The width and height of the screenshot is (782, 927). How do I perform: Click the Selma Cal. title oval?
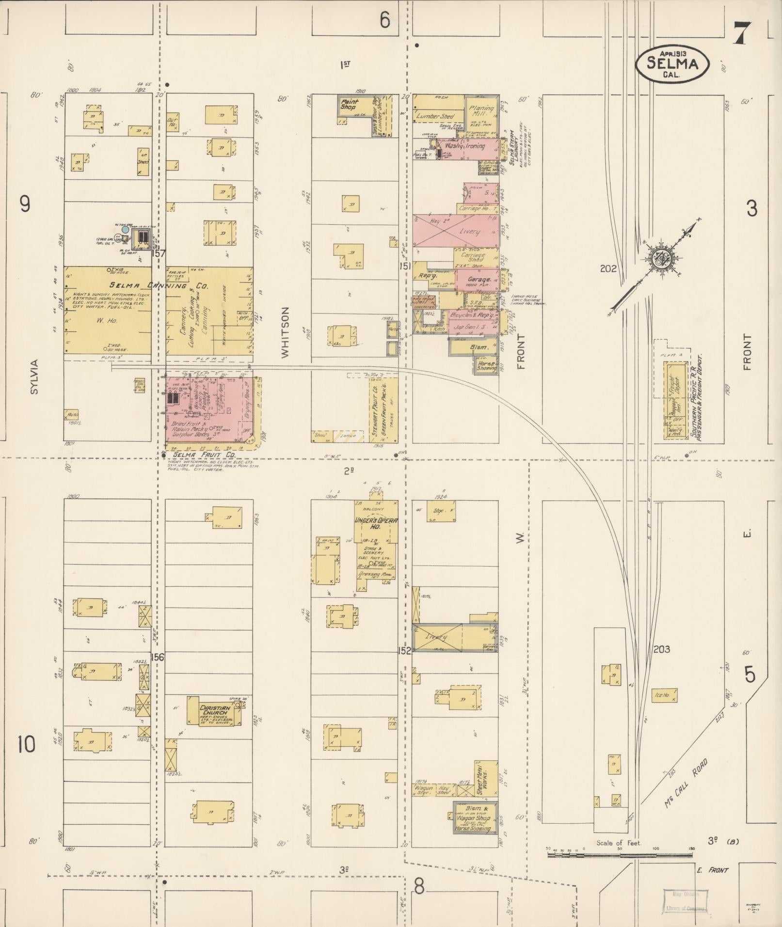tap(672, 63)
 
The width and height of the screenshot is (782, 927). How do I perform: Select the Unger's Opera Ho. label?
tap(376, 524)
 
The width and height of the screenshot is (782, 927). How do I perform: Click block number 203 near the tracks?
tap(661, 649)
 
